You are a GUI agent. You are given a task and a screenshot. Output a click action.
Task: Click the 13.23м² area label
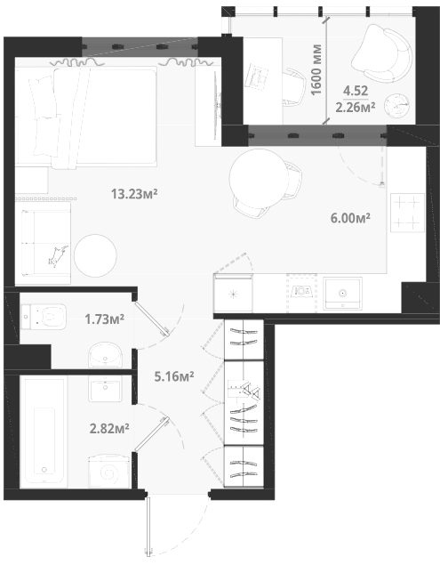(134, 194)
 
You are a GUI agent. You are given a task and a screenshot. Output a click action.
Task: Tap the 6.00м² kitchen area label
(351, 218)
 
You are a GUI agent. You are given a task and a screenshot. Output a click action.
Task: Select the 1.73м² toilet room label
(105, 319)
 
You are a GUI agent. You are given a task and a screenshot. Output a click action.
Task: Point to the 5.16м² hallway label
(174, 376)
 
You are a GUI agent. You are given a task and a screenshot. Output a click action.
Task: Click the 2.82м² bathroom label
(109, 429)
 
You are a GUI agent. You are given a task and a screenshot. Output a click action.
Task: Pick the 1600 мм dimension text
(316, 69)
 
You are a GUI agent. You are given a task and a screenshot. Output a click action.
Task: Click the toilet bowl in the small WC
(44, 317)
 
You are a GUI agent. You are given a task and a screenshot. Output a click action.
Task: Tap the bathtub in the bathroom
(44, 432)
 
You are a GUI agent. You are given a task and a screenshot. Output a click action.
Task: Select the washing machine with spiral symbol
(109, 472)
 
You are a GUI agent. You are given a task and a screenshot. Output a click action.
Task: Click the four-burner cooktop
(407, 213)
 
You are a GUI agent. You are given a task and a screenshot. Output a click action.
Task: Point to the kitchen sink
(342, 294)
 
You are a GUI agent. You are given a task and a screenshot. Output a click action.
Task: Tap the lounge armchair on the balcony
(382, 53)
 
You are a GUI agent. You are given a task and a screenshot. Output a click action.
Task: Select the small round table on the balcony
(396, 105)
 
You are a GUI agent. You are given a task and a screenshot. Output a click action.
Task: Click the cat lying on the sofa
(58, 256)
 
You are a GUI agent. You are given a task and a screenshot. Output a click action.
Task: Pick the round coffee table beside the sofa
(95, 255)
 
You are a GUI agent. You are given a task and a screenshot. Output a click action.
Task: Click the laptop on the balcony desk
(257, 77)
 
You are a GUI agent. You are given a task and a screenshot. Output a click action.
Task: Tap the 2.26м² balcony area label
(356, 107)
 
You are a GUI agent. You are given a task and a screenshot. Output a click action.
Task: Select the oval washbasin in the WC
(105, 355)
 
